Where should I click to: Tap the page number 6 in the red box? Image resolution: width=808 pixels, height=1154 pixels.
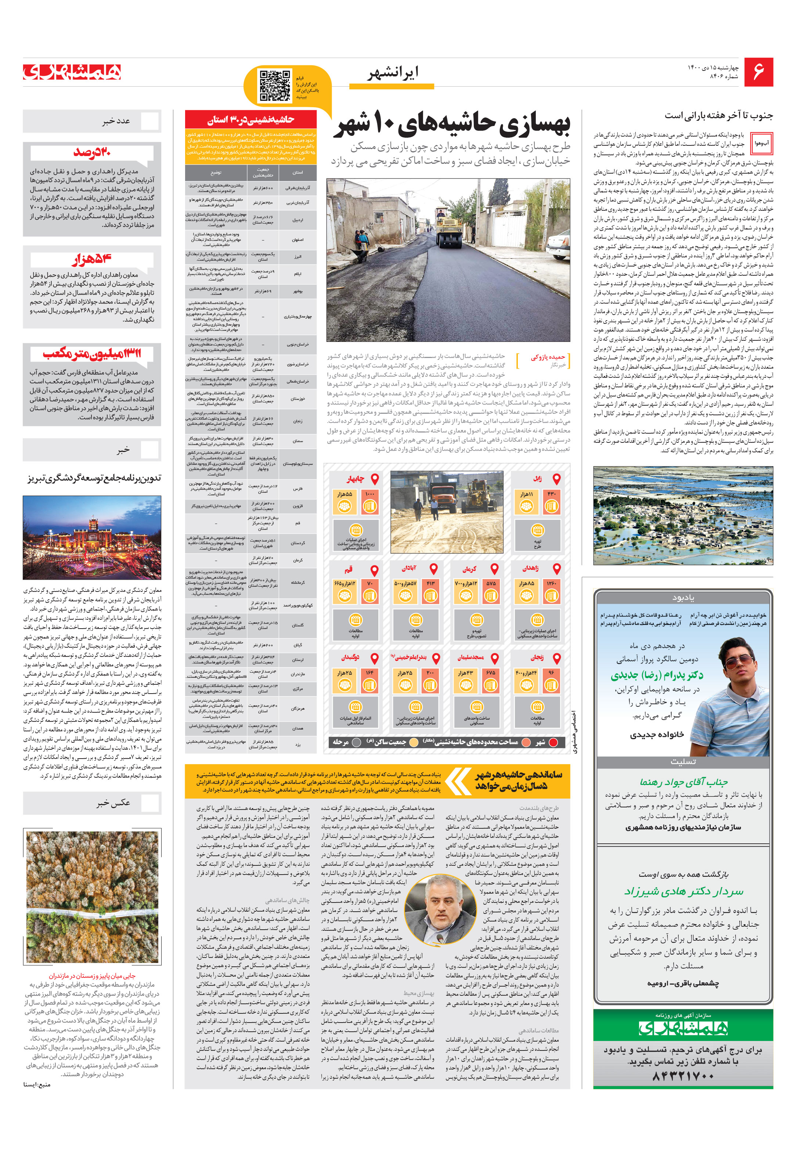pos(758,72)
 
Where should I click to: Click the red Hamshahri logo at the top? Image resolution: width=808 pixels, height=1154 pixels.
pos(72,72)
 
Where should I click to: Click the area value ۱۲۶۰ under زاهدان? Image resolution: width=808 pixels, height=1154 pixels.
pos(552,583)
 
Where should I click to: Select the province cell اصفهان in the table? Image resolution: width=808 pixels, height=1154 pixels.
pos(297,240)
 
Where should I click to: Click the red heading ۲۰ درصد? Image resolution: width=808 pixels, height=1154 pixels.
pos(92,152)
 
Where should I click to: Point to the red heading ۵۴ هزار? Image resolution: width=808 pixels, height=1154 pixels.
pos(92,259)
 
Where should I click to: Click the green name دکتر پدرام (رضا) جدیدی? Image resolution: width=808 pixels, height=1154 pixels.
pos(657,675)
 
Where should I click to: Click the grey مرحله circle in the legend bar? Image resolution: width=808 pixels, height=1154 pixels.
pos(357,742)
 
